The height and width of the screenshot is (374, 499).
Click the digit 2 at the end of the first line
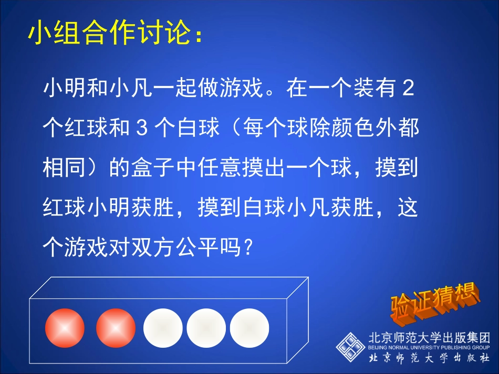tap(408, 89)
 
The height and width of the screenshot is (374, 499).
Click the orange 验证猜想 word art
tap(434, 303)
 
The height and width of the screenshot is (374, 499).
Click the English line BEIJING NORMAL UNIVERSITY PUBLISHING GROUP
tap(429, 347)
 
